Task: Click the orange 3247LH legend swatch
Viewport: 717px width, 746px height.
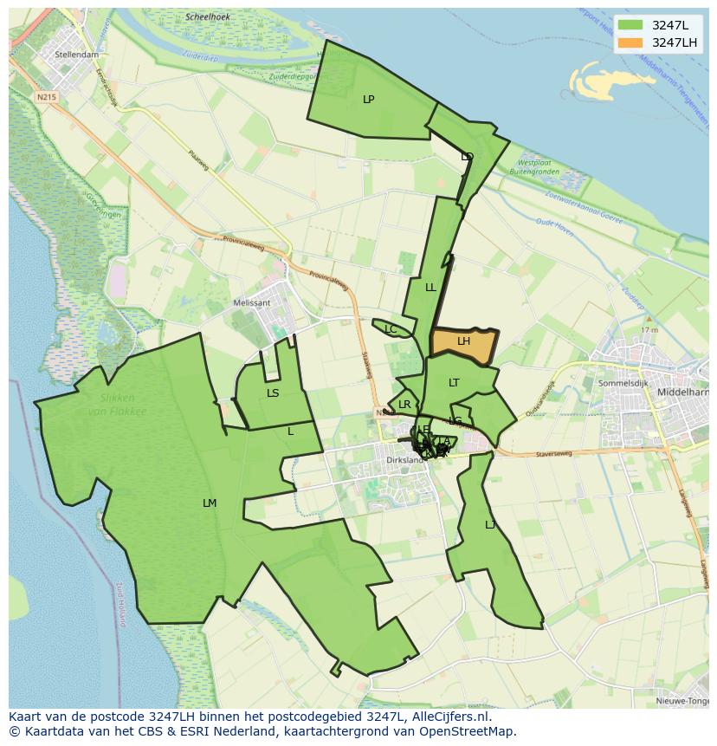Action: (x=631, y=42)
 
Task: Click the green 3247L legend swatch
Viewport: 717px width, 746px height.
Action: (x=631, y=25)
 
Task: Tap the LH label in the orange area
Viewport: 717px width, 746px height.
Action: (x=463, y=341)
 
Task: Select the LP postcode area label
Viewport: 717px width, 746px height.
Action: (x=368, y=100)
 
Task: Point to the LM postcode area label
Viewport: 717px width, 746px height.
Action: (x=210, y=503)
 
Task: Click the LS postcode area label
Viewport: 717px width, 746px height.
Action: (x=273, y=393)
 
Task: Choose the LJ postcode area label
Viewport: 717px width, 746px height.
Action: (x=490, y=525)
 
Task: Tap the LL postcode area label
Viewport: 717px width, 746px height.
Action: (x=430, y=288)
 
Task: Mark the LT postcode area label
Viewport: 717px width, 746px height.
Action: (x=454, y=383)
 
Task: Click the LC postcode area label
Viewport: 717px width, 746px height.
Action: (x=391, y=330)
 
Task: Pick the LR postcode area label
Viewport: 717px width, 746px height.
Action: (x=404, y=405)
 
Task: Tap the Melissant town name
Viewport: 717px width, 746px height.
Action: (x=252, y=303)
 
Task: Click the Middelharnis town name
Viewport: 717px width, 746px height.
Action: (x=684, y=392)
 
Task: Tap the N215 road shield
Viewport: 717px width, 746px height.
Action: (x=47, y=97)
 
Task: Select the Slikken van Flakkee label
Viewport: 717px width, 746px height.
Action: (x=117, y=405)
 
